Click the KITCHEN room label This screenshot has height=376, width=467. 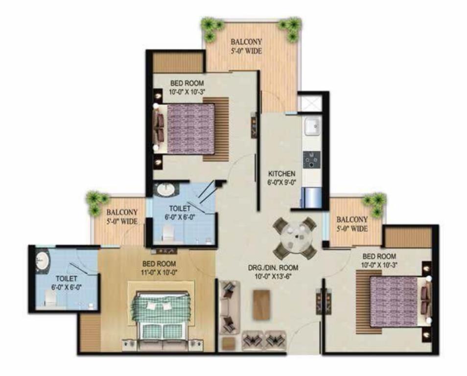click(x=282, y=174)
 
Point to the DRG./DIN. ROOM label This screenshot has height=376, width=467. click(x=273, y=268)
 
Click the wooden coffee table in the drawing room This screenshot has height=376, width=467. click(x=262, y=305)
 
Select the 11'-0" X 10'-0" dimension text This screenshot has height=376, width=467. click(x=159, y=272)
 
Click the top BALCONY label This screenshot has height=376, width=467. click(x=246, y=42)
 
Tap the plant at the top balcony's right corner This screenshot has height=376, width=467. click(x=290, y=27)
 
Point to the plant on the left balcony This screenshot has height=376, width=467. click(x=96, y=202)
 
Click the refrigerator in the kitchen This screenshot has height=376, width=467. click(x=311, y=197)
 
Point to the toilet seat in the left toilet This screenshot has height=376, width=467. click(x=50, y=298)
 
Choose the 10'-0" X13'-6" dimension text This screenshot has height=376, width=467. click(x=273, y=276)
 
